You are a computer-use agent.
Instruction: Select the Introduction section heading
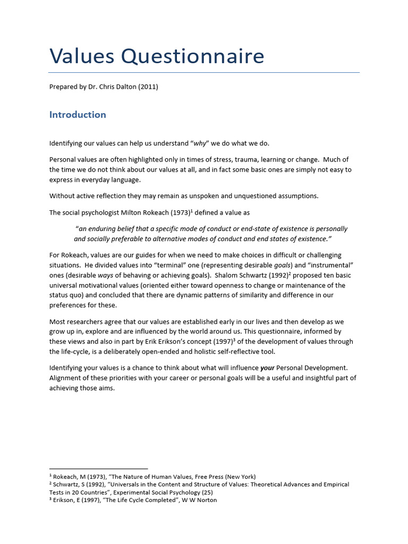click(78, 115)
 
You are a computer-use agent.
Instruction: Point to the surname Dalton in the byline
click(124, 87)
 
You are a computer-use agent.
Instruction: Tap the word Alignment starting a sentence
click(67, 378)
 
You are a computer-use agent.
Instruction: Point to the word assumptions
click(295, 195)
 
